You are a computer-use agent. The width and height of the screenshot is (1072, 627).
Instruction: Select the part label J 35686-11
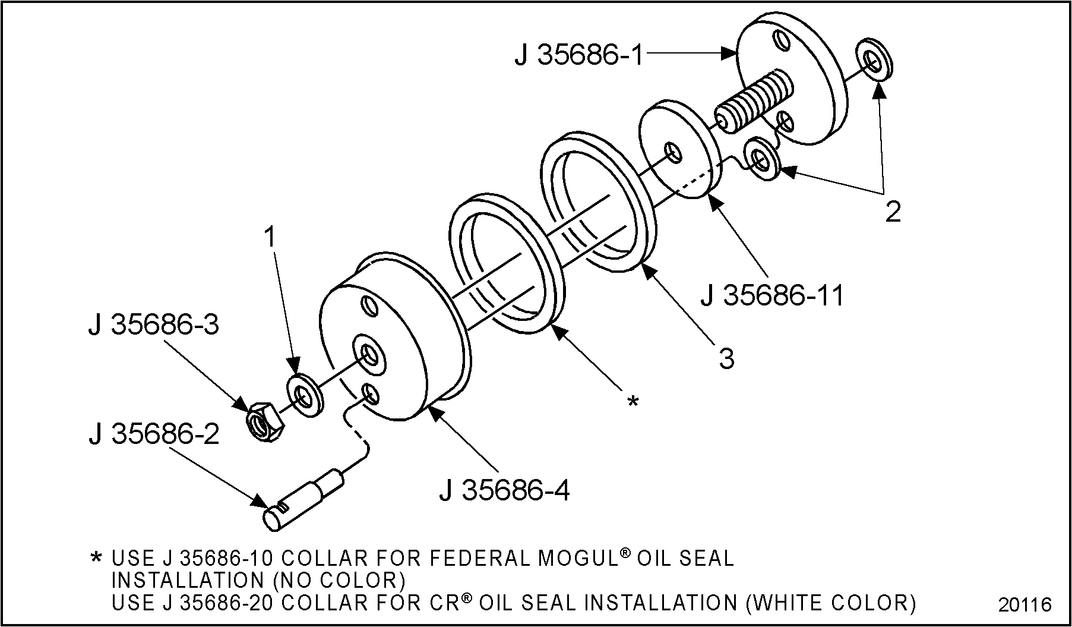[772, 295]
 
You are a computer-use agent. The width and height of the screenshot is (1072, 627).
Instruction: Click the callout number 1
[270, 238]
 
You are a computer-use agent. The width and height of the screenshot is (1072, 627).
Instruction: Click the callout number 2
[893, 212]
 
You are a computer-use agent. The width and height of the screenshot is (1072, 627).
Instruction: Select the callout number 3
[726, 358]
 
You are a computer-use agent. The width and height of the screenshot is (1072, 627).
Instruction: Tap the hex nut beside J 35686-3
[265, 421]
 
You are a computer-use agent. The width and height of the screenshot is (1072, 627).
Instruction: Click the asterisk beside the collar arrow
[633, 402]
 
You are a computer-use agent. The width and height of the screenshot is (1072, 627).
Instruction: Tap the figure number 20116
[1024, 604]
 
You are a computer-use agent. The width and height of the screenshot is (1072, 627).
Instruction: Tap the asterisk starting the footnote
[95, 558]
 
